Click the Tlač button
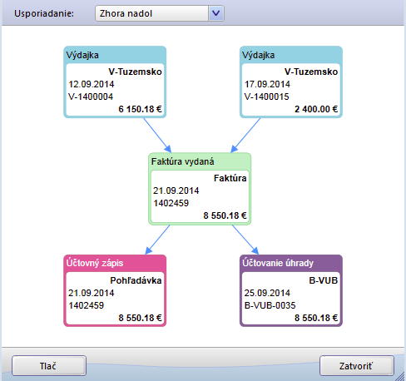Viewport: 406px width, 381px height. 49,366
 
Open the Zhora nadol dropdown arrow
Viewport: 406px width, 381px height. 216,13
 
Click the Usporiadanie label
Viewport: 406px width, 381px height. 44,13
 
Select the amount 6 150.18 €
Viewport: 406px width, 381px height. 140,109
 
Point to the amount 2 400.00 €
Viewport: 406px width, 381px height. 316,109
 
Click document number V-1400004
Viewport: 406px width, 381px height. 91,96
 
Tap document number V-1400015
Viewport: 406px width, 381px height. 266,96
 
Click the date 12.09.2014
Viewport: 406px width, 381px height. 92,84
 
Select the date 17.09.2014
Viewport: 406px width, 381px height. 267,84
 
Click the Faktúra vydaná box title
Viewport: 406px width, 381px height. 183,161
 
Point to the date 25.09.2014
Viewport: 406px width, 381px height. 267,293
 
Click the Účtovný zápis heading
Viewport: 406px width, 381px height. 95,263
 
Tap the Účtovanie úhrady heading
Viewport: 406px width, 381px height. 278,263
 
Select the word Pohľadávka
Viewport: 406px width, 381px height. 136,280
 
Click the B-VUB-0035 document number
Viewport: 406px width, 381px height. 270,305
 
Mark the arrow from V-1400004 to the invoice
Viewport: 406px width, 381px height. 157,135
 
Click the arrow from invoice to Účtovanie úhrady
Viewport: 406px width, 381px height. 245,240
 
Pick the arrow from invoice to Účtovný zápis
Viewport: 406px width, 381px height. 157,240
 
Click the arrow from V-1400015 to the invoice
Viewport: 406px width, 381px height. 245,135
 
